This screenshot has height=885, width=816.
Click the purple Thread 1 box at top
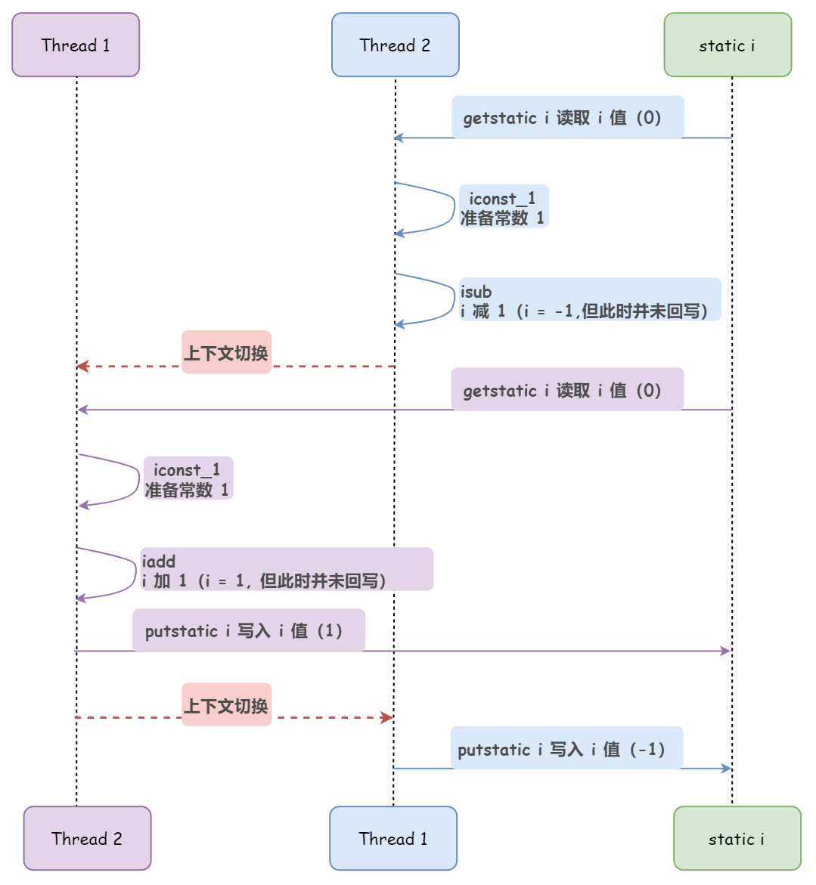click(x=76, y=45)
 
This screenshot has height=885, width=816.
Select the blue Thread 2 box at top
click(x=395, y=45)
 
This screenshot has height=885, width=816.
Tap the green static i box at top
click(x=728, y=45)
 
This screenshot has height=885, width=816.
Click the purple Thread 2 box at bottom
click(x=87, y=838)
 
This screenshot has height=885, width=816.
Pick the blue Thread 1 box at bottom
click(x=393, y=838)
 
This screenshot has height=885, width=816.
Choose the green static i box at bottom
click(x=737, y=838)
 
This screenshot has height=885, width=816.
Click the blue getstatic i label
click(x=567, y=117)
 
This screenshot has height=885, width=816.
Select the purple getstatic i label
click(x=567, y=390)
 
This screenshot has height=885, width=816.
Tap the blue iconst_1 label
click(x=504, y=207)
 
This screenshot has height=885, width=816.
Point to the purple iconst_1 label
click(x=188, y=479)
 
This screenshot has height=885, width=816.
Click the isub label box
click(x=590, y=300)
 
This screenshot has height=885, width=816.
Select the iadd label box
click(x=286, y=570)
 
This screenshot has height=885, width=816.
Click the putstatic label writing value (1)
click(x=248, y=630)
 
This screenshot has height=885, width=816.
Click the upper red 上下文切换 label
click(x=226, y=352)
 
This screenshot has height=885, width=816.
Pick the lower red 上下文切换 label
click(x=226, y=705)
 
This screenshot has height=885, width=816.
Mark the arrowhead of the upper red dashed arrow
click(x=82, y=367)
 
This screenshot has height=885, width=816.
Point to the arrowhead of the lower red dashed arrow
click(x=388, y=717)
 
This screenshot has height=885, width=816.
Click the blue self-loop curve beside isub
click(x=453, y=299)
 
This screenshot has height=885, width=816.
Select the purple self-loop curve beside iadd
click(x=135, y=572)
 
